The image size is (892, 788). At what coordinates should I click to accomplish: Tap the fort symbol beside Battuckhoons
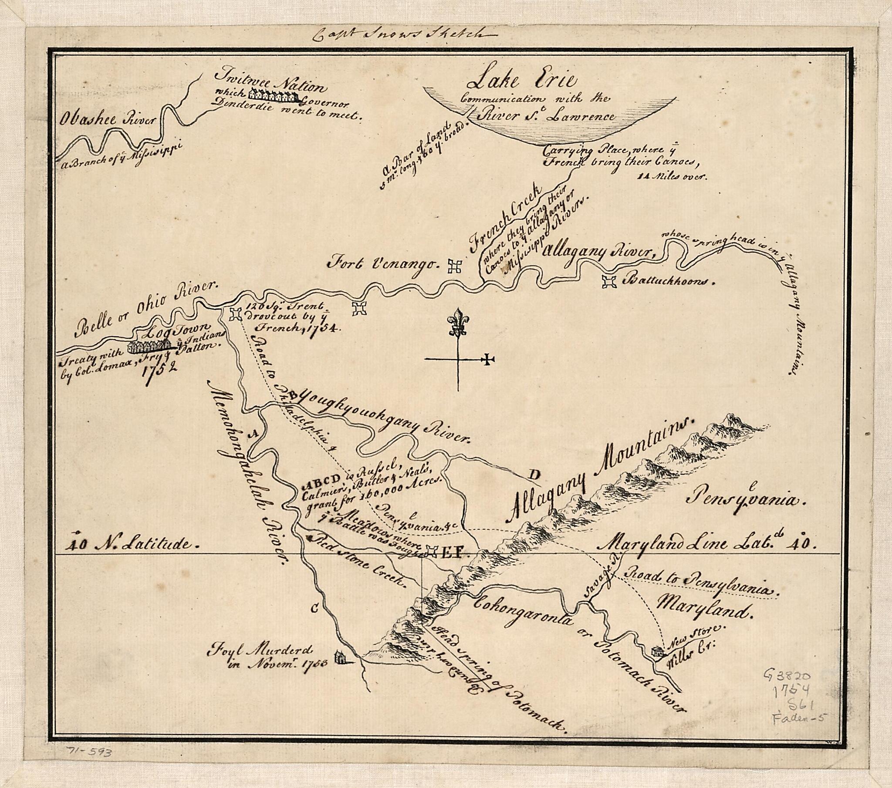(609, 282)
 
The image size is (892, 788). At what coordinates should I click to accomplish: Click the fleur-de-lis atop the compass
(458, 322)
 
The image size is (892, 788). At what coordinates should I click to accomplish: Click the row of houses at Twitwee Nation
(274, 95)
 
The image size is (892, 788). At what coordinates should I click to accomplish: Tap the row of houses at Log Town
(149, 346)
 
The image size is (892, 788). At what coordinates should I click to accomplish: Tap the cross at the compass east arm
(488, 360)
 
